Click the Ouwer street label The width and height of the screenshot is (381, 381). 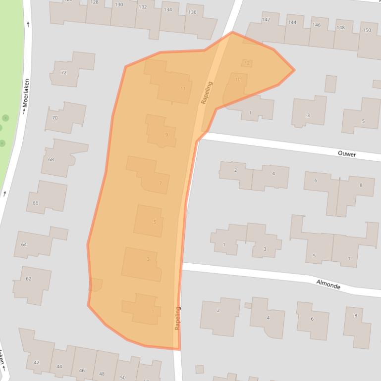[x=347, y=154]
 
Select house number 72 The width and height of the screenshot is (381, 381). [x=63, y=73]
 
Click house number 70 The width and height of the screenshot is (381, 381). [x=54, y=118]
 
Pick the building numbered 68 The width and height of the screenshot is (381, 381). [x=51, y=159]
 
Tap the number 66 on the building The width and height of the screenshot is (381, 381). [x=35, y=203]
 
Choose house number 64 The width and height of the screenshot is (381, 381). [x=24, y=244]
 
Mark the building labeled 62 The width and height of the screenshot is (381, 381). [x=28, y=279]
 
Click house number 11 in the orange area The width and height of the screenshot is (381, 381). [x=183, y=89]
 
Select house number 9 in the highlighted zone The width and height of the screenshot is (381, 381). [x=166, y=135]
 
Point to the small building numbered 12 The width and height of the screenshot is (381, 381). [x=247, y=63]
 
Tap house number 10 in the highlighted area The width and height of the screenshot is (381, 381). [x=238, y=79]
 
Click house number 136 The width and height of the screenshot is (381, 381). [x=192, y=12]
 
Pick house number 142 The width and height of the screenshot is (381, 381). [x=266, y=20]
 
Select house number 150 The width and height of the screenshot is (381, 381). [x=367, y=30]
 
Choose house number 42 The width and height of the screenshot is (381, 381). [x=36, y=363]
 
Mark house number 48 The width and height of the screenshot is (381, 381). [x=102, y=374]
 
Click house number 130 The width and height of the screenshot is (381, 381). [x=119, y=5]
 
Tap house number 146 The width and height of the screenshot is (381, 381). [x=316, y=25]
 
